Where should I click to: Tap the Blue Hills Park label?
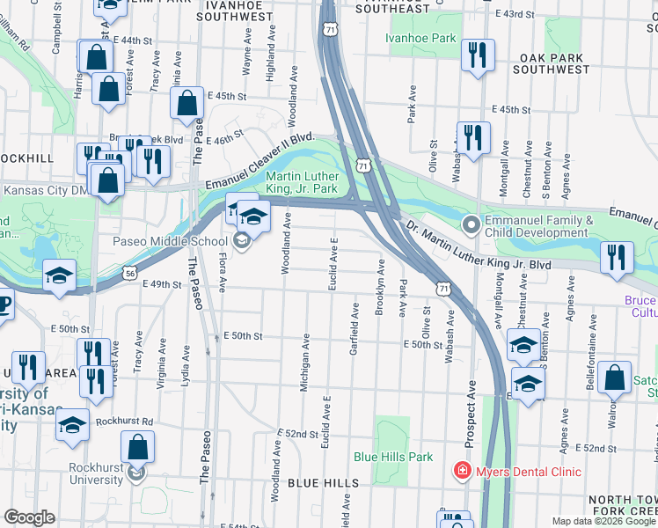click(393, 457)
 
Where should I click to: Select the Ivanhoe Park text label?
click(421, 38)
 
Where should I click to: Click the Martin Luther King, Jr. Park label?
click(302, 182)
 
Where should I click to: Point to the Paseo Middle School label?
click(169, 242)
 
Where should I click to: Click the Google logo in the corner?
click(29, 517)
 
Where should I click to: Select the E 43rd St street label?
click(515, 15)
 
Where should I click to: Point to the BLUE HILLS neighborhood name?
click(322, 483)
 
